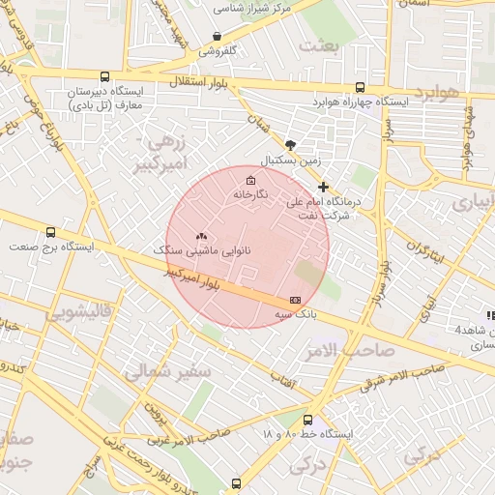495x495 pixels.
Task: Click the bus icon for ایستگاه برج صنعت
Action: (x=50, y=232)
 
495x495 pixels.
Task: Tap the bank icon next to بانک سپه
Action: (x=296, y=301)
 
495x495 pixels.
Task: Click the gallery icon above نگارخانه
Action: (x=251, y=180)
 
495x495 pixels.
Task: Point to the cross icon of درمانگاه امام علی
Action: (x=323, y=187)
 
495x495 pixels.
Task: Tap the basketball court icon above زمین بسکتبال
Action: (x=291, y=143)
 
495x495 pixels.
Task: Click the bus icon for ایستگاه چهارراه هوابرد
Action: (x=361, y=86)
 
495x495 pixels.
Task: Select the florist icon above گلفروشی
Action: (x=218, y=36)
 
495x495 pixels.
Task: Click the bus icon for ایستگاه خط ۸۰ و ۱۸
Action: (x=307, y=421)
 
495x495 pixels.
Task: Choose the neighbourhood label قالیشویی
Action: (x=87, y=311)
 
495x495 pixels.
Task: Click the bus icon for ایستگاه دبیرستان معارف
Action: (x=104, y=76)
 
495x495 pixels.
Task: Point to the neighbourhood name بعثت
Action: (x=322, y=44)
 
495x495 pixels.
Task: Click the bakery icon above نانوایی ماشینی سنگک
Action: (x=201, y=235)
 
